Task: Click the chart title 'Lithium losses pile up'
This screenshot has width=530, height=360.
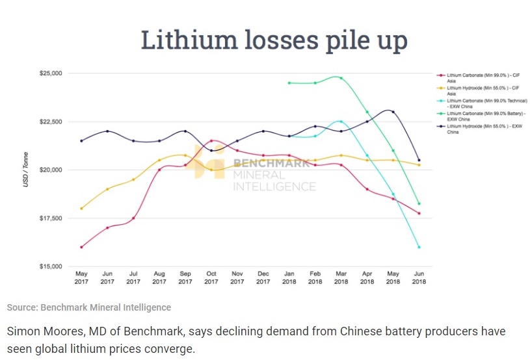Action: (x=274, y=40)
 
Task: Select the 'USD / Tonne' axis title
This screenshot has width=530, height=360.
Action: (x=27, y=170)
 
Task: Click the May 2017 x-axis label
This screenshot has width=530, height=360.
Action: (x=81, y=277)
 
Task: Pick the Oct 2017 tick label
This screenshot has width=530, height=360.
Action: (x=211, y=277)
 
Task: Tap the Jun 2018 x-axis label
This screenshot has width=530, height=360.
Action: (x=419, y=277)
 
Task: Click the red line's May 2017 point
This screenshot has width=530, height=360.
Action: (x=81, y=247)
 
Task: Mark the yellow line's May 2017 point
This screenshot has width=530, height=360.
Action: (x=81, y=209)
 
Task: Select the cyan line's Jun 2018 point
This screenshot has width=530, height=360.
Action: (x=419, y=247)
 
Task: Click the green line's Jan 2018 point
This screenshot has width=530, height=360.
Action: (x=289, y=83)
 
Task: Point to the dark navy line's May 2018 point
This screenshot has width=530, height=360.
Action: (x=393, y=112)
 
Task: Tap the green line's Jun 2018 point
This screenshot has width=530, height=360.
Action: (x=419, y=203)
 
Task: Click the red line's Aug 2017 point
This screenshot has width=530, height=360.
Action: (x=159, y=170)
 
